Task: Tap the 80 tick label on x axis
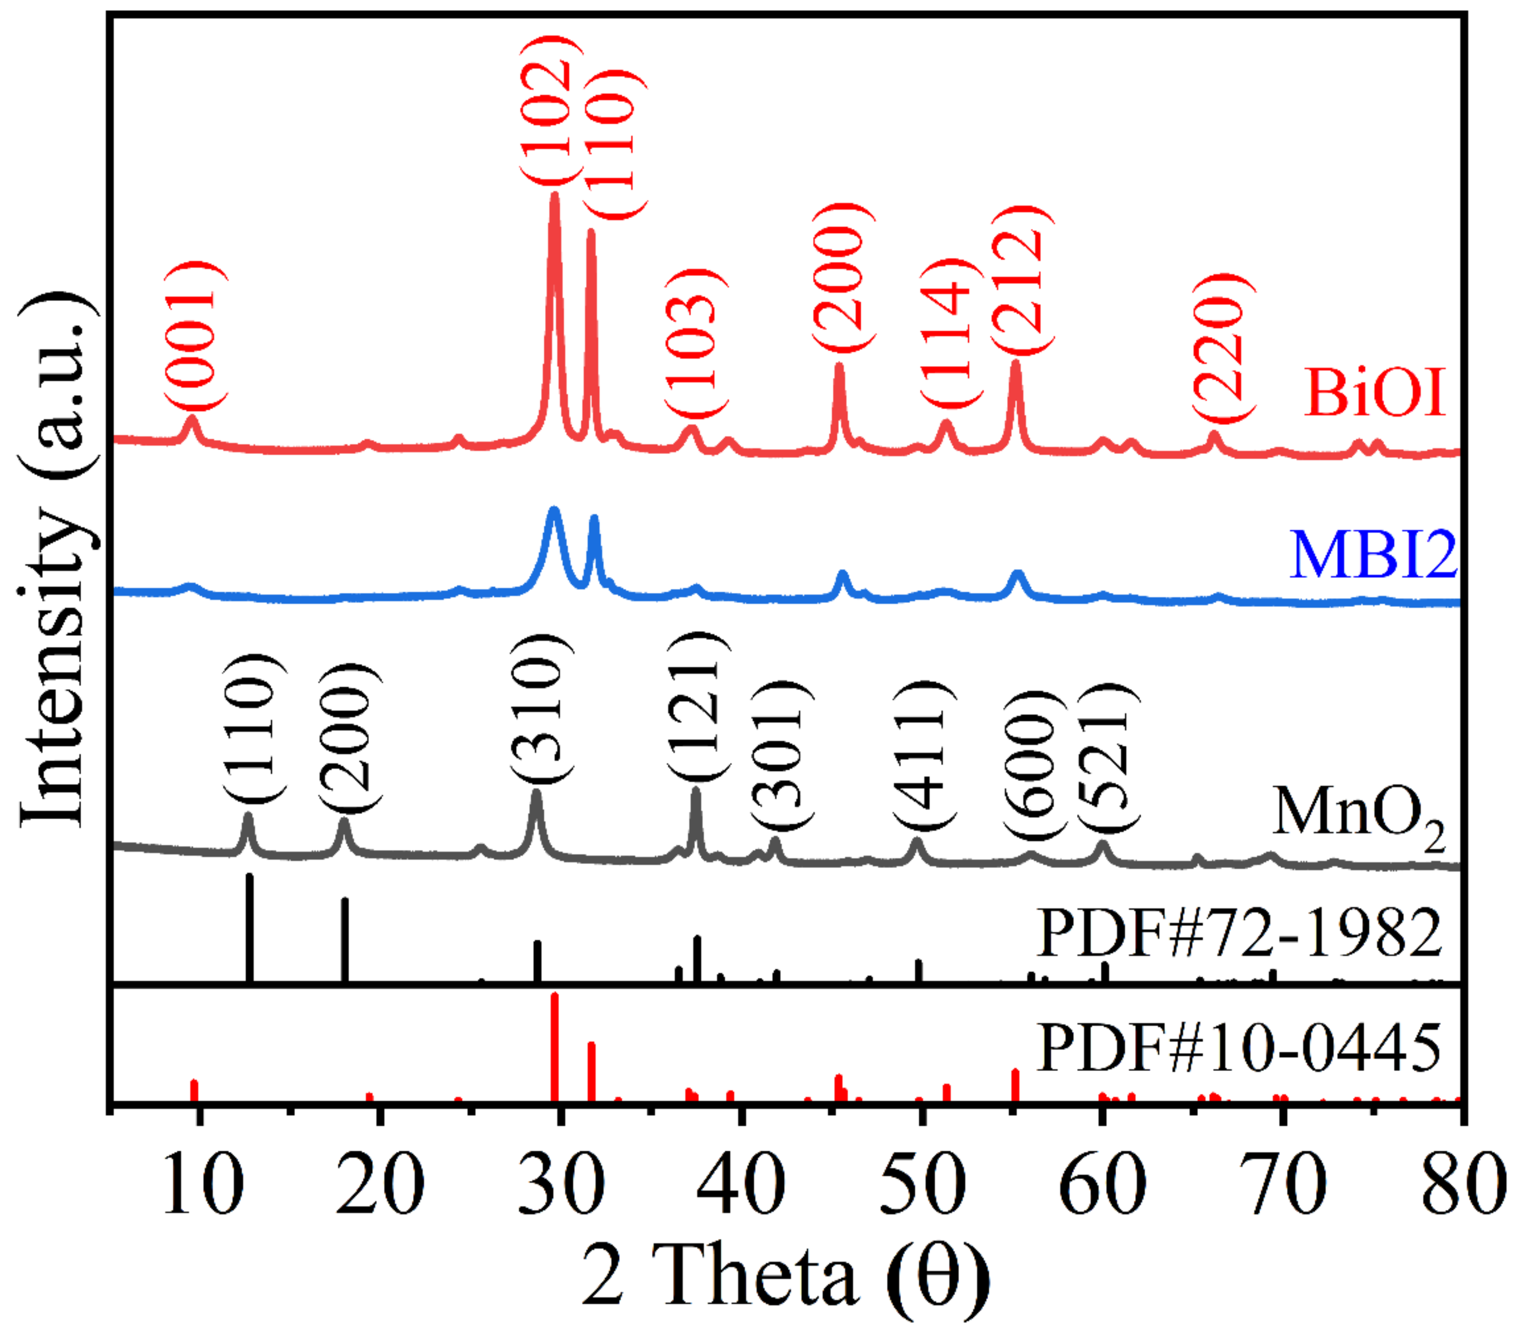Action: pyautogui.click(x=1462, y=1185)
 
